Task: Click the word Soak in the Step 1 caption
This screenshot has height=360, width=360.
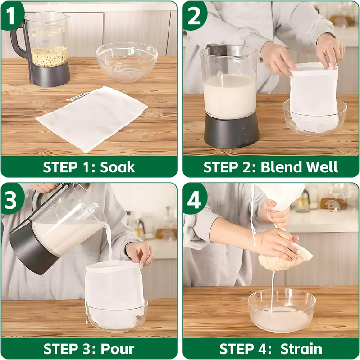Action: tap(117, 167)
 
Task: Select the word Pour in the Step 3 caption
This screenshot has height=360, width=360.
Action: tap(118, 349)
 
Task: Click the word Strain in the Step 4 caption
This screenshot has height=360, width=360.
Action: tap(301, 349)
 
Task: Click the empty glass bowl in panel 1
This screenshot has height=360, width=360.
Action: tap(127, 62)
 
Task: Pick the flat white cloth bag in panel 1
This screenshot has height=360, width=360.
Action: tap(92, 119)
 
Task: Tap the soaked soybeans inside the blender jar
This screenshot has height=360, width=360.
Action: tap(50, 56)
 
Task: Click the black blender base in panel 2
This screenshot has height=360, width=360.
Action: tap(232, 130)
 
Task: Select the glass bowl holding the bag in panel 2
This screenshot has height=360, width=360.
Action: tap(315, 117)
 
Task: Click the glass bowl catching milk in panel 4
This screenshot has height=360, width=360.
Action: tap(282, 310)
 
